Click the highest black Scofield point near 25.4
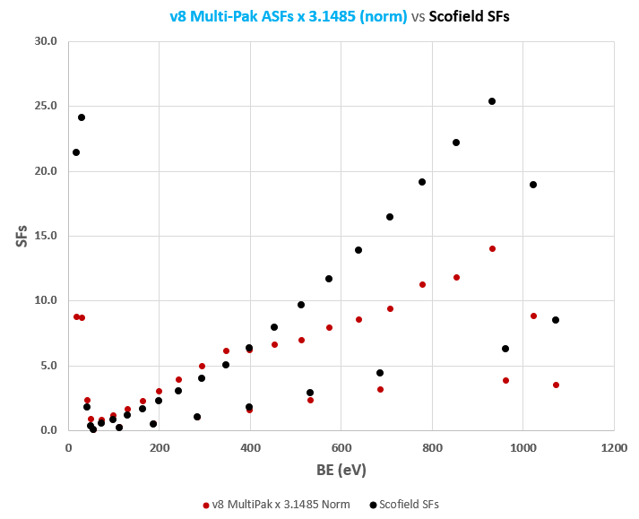point(492,101)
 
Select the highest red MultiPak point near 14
point(492,248)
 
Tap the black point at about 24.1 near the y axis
point(82,117)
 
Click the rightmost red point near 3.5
point(556,385)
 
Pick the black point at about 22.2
point(456,143)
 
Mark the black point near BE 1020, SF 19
point(533,185)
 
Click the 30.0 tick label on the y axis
point(45,41)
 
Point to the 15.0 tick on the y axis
point(45,236)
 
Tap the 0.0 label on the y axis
point(48,430)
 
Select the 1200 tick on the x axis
point(614,446)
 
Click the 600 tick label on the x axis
point(341,446)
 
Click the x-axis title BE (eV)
point(341,470)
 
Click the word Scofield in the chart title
point(459,17)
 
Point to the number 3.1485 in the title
point(334,17)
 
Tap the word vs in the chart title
point(419,17)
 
